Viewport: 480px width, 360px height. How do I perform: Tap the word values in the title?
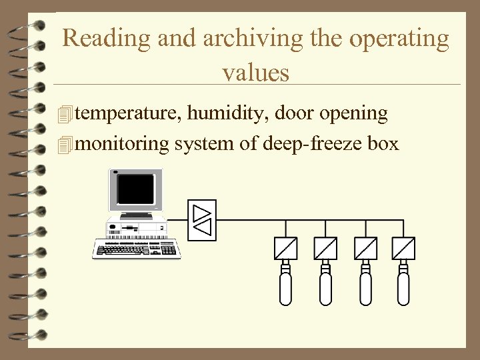pos(256,71)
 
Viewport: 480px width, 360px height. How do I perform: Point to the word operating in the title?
pos(399,39)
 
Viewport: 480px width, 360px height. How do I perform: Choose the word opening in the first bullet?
pos(353,114)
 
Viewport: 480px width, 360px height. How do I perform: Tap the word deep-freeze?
pos(313,143)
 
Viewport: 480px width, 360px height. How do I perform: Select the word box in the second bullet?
pos(383,143)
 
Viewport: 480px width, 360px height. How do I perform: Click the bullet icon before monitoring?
pos(64,143)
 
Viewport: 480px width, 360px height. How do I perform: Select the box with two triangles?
pos(201,219)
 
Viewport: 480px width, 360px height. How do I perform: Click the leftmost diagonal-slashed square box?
pos(285,249)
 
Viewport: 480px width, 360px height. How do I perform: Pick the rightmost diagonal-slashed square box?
pos(403,249)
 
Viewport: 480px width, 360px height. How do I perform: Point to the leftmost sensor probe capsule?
pos(285,287)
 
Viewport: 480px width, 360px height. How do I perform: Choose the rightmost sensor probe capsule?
pos(403,287)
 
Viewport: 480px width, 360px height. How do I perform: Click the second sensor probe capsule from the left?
pos(325,287)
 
